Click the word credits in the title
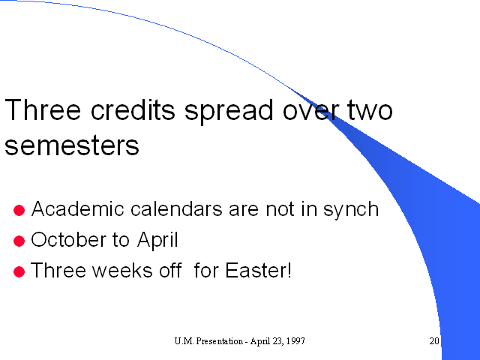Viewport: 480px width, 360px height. (133, 109)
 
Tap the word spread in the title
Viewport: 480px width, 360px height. (229, 112)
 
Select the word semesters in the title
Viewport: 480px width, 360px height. (72, 145)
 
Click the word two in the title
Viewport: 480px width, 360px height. (370, 110)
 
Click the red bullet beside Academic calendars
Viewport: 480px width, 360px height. (19, 210)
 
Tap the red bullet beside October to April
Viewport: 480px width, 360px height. (19, 241)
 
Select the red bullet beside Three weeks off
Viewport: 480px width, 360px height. (19, 271)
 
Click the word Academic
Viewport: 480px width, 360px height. (78, 208)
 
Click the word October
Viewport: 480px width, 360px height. (68, 239)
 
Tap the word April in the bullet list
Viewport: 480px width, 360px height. (157, 241)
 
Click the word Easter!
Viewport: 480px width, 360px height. (258, 270)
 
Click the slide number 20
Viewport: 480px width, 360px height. (434, 340)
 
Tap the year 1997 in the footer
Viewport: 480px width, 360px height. (296, 341)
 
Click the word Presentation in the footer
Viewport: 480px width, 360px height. (220, 341)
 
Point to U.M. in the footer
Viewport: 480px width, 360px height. (184, 341)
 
